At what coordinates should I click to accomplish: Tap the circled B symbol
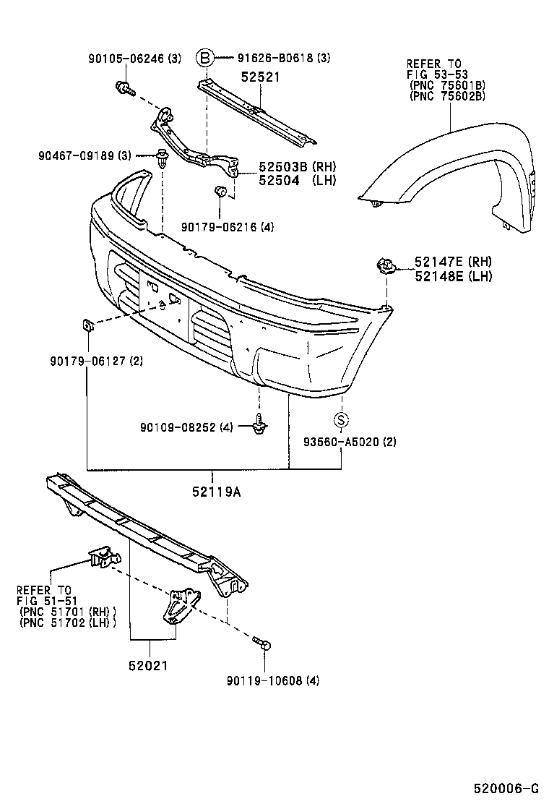[206, 58]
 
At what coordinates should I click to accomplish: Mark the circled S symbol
[342, 420]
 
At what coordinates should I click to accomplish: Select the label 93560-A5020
[349, 442]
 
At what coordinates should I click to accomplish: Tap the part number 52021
[150, 665]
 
